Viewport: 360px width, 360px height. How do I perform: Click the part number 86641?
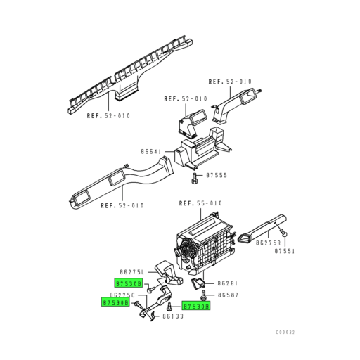pyautogui.click(x=151, y=151)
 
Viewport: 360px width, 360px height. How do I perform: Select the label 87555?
pyautogui.click(x=217, y=175)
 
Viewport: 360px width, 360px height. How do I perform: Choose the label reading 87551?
pyautogui.click(x=285, y=251)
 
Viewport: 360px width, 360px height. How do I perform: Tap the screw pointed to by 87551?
pyautogui.click(x=282, y=232)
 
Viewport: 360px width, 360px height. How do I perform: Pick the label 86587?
pyautogui.click(x=229, y=295)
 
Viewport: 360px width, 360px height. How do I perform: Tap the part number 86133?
pyautogui.click(x=173, y=317)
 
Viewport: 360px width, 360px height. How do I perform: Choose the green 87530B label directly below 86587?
pyautogui.click(x=196, y=307)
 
